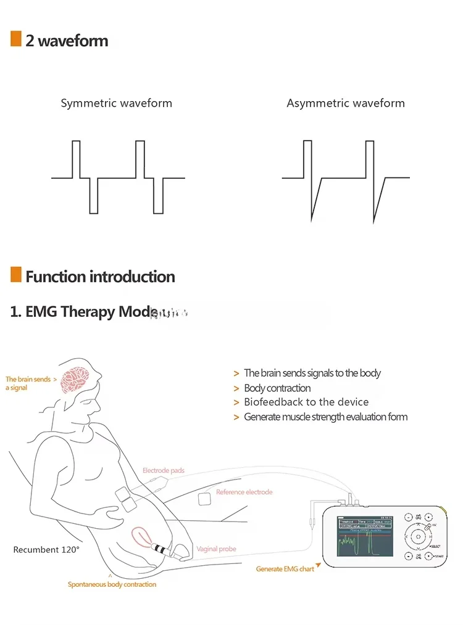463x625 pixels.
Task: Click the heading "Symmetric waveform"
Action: [116, 104]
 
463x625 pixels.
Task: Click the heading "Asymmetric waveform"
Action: [346, 104]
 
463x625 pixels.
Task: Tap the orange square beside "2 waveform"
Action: [16, 39]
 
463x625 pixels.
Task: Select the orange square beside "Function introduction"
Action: [16, 275]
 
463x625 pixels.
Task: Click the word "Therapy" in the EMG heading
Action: [88, 311]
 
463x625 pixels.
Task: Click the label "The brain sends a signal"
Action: [28, 383]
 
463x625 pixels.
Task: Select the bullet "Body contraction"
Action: [277, 388]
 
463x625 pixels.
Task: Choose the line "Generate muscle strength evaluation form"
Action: [325, 417]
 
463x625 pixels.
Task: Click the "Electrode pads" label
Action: [164, 471]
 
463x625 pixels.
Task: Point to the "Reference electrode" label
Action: [244, 492]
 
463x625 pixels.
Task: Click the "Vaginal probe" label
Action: [216, 549]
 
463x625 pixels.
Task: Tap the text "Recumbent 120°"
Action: [46, 549]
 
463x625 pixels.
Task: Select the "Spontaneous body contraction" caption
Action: [112, 584]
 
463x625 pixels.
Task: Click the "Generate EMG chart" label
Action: [285, 569]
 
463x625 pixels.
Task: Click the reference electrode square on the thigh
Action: [204, 500]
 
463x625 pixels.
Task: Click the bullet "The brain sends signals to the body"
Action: [312, 373]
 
